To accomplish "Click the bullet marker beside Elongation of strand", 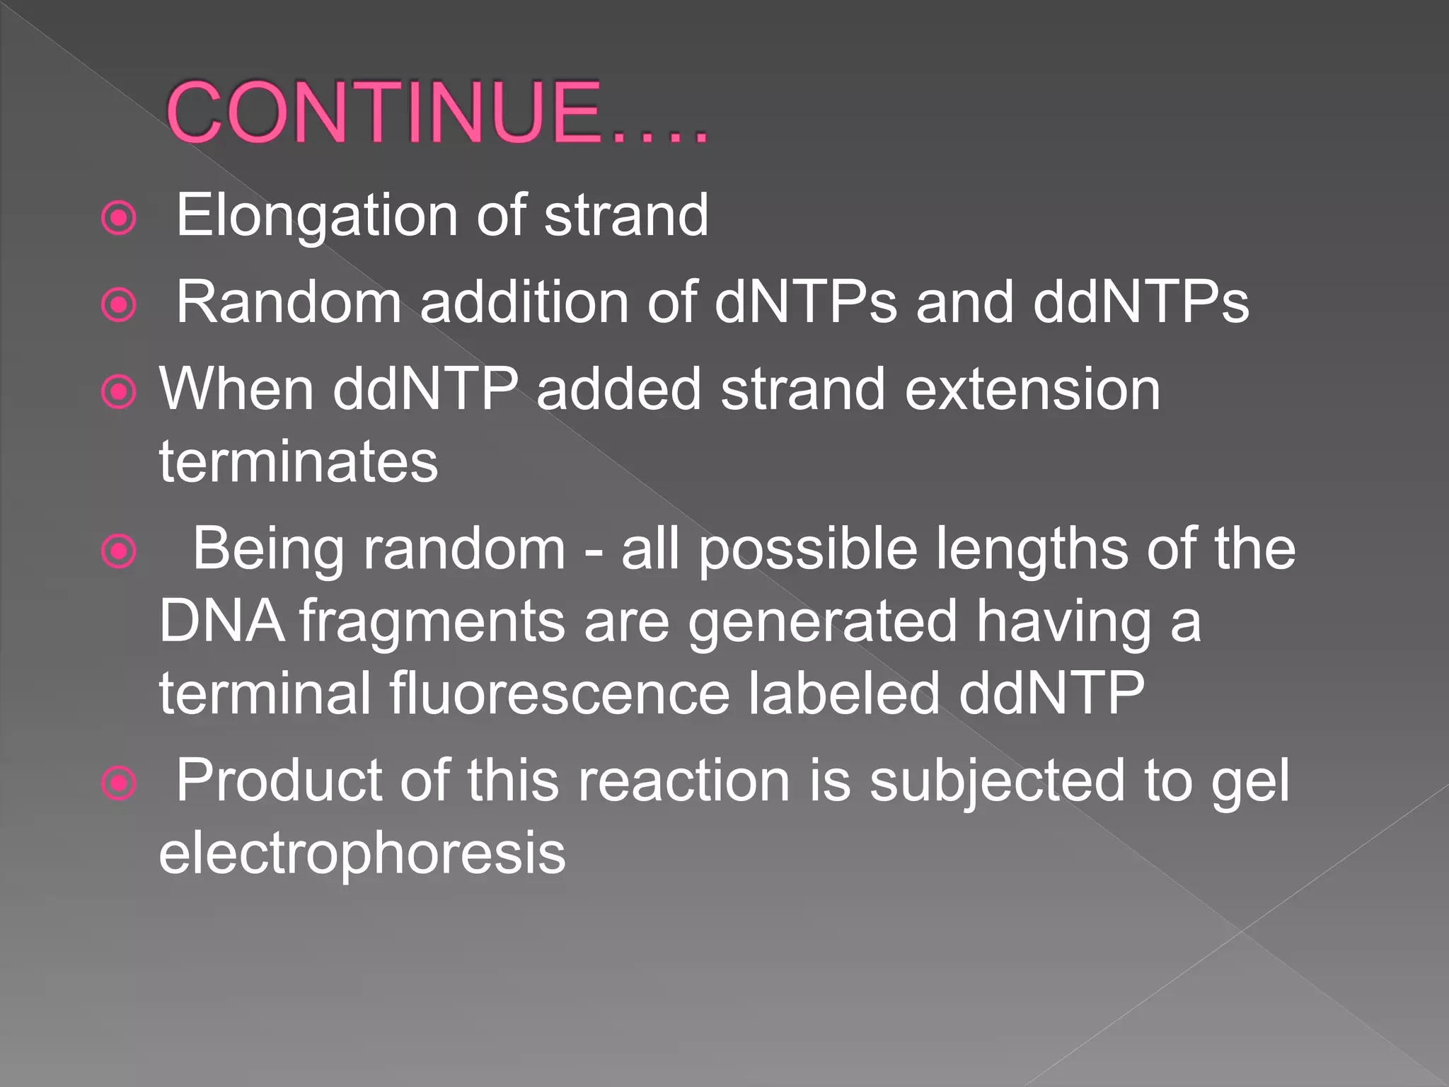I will coord(119,219).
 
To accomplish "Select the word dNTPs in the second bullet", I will coord(805,302).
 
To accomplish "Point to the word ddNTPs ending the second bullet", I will coord(1141,302).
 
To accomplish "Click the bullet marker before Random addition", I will coord(119,306).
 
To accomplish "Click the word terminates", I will coord(299,462).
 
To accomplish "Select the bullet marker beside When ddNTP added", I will coord(119,392).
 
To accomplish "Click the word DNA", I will coord(221,621).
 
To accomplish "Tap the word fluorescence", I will coord(559,693).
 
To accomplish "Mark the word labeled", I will coord(844,693).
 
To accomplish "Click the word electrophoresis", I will coord(362,854).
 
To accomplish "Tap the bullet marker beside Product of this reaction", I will coord(119,783).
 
